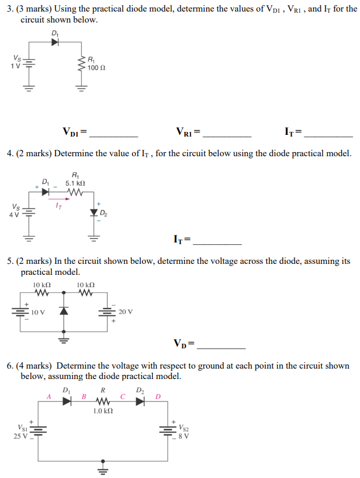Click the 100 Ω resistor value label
(96, 68)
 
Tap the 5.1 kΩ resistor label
(76, 182)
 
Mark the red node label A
(49, 397)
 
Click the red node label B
(84, 397)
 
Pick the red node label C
(123, 397)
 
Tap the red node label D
(157, 397)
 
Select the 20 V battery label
(126, 311)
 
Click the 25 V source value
(20, 436)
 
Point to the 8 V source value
(184, 436)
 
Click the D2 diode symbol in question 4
(94, 213)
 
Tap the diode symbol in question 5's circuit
(64, 311)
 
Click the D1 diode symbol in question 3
(56, 42)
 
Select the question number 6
(10, 366)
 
